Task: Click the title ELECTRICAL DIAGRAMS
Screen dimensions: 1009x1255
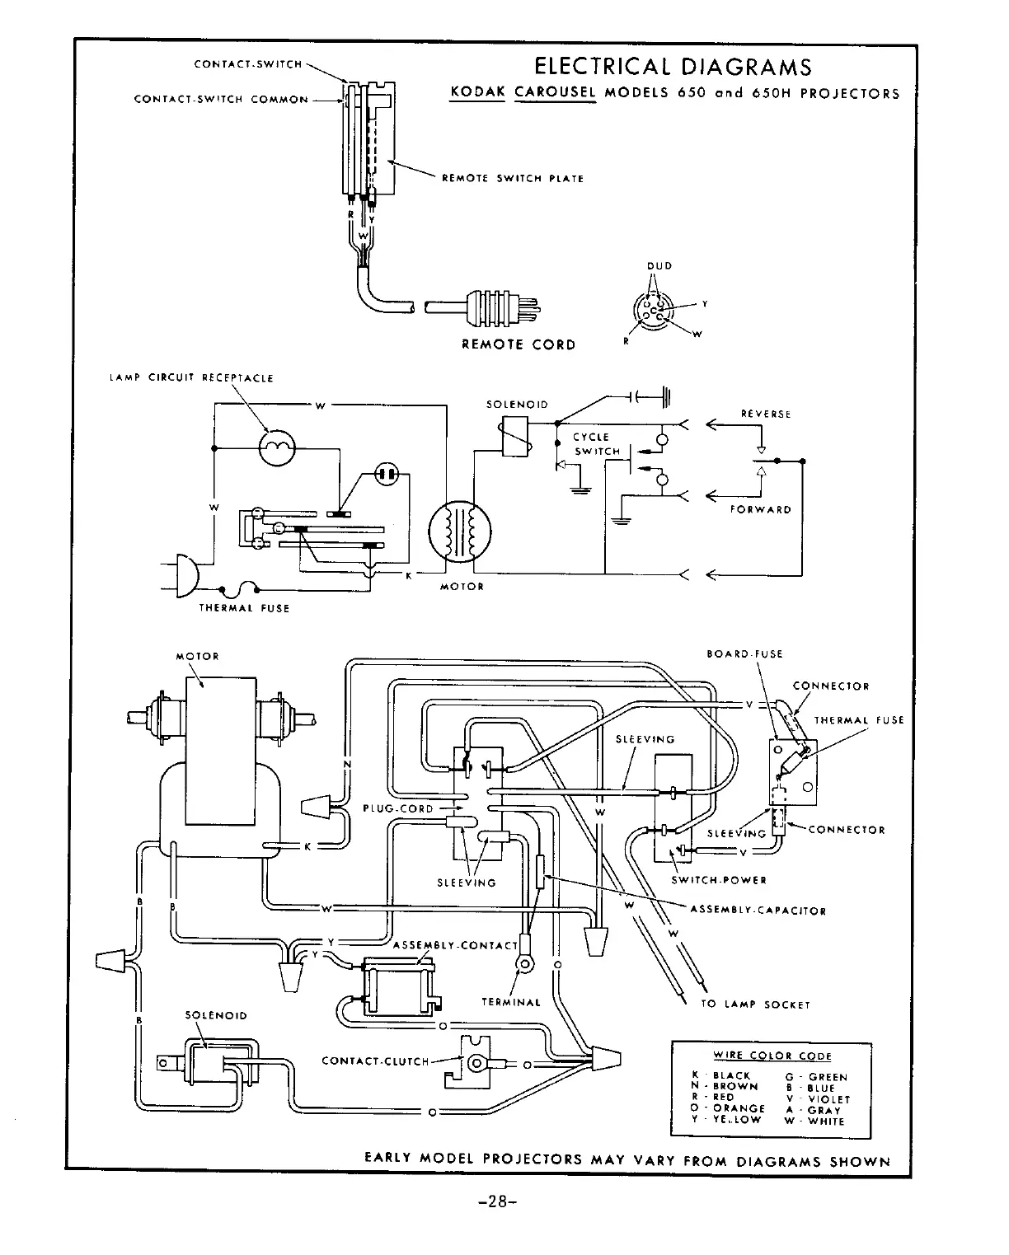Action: [673, 67]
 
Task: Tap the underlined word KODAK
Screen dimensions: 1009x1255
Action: [477, 92]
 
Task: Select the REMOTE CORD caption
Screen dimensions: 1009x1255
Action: [519, 344]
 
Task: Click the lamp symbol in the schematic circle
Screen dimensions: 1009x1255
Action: [277, 447]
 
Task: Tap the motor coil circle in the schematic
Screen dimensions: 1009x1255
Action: [460, 532]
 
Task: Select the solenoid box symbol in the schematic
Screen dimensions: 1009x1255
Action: [514, 436]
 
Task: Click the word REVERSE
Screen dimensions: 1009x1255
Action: [766, 414]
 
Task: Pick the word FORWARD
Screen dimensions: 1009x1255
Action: [760, 510]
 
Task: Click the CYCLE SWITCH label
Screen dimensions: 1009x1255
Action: [596, 444]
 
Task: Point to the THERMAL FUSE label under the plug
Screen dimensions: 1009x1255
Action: [244, 608]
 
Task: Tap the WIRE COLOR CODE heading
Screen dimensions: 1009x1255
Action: [772, 1056]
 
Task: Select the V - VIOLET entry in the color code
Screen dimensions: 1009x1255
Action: [818, 1099]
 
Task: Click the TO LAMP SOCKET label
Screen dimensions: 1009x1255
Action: [755, 1004]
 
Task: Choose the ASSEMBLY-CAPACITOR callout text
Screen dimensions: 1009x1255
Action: [758, 911]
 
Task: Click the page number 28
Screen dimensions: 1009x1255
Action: [498, 1201]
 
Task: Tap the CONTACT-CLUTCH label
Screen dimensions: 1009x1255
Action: [375, 1061]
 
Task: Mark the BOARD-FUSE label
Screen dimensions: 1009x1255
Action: [744, 653]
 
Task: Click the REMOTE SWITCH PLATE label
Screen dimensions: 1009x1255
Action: [513, 179]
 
